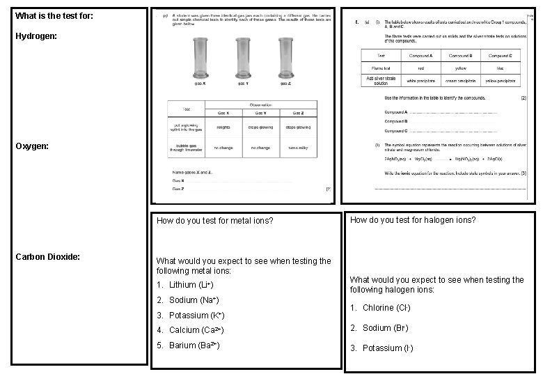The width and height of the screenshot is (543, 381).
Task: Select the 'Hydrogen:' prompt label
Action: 38,33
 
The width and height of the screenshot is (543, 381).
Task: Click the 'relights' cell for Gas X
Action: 223,127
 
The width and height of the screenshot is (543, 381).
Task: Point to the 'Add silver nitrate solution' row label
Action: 381,81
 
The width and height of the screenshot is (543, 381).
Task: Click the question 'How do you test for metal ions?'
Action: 214,221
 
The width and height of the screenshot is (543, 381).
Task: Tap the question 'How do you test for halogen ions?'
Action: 413,220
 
